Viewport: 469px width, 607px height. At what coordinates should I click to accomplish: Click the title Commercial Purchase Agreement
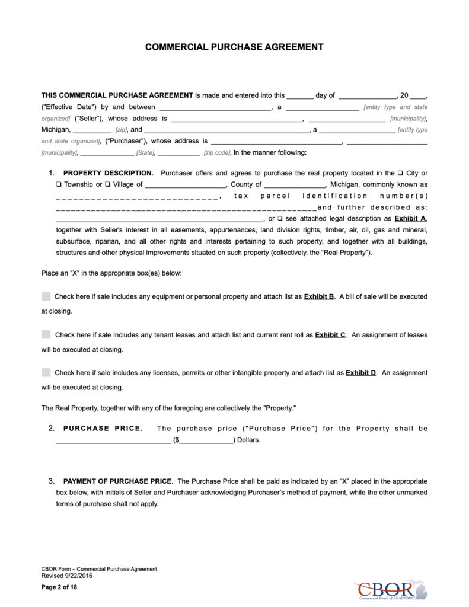click(234, 47)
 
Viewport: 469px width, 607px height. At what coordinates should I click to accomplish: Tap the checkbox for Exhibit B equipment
click(46, 296)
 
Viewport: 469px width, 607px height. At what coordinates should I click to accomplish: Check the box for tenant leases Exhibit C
click(46, 335)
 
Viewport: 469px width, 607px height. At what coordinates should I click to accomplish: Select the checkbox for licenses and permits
click(46, 373)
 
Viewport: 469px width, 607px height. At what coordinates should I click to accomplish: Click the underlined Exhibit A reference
click(410, 219)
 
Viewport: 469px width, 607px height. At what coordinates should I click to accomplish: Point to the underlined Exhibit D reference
click(360, 373)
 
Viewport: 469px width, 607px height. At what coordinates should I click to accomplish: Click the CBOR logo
click(391, 589)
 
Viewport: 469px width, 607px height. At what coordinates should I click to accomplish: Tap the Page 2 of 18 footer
click(59, 587)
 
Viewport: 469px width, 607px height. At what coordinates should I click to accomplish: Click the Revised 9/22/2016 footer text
click(67, 576)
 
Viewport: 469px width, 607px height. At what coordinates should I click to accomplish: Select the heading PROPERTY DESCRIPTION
click(108, 173)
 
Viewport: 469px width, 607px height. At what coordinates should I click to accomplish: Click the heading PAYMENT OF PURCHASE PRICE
click(118, 481)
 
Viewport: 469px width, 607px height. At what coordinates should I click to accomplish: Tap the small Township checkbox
click(59, 184)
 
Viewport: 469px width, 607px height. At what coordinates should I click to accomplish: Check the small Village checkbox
click(108, 184)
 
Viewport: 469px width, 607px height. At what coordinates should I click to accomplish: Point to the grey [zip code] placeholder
click(216, 153)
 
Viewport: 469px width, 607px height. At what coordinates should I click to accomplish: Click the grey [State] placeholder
click(145, 153)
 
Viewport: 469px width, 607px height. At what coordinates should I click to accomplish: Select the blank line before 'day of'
click(300, 96)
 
